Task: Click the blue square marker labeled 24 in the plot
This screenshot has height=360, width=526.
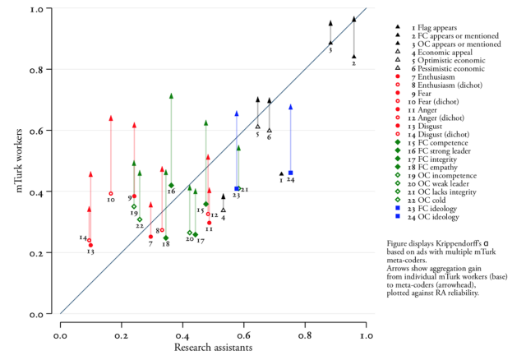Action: point(291,173)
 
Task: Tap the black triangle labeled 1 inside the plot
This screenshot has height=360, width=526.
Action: point(281,173)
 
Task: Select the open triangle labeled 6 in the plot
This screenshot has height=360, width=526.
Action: point(269,129)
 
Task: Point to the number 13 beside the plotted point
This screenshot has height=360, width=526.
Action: point(90,252)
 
